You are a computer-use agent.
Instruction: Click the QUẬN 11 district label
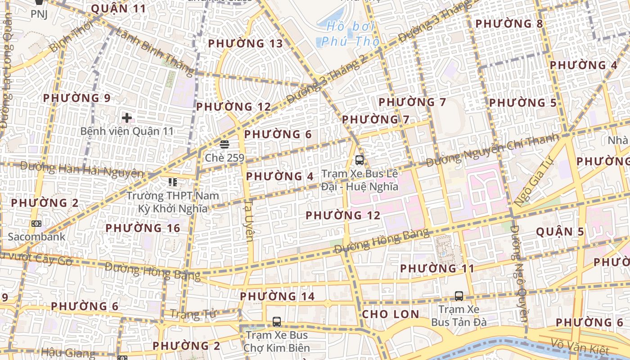(x=118, y=9)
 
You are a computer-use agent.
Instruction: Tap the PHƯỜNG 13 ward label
(x=246, y=44)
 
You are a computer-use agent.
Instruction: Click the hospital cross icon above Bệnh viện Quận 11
(x=127, y=118)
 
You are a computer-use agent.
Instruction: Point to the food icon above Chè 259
(x=224, y=144)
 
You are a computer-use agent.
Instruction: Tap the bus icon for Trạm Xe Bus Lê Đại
(x=359, y=160)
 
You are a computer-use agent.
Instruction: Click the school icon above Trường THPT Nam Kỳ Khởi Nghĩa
(x=172, y=182)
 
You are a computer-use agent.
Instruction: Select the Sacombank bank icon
(x=36, y=223)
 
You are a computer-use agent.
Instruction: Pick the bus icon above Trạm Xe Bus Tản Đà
(x=459, y=296)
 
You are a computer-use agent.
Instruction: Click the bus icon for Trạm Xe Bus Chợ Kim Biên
(x=277, y=322)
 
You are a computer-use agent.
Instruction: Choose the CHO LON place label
(x=390, y=314)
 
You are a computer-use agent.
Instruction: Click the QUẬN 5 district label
(x=560, y=232)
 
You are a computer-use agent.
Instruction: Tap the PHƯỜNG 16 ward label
(x=143, y=228)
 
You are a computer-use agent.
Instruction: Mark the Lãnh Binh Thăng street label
(x=154, y=50)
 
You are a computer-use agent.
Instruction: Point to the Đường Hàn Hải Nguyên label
(x=82, y=170)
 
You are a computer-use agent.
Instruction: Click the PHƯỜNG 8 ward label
(x=509, y=23)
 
